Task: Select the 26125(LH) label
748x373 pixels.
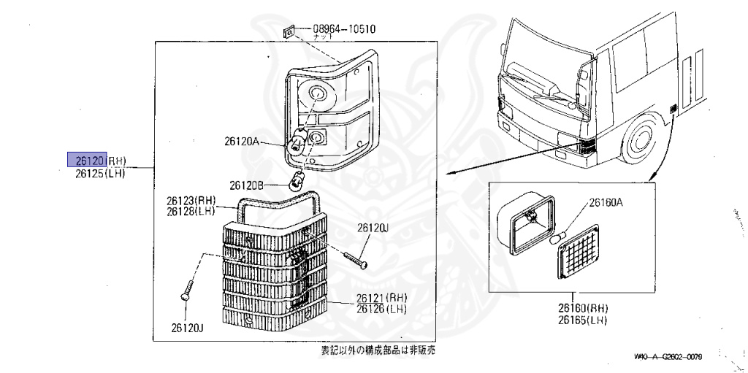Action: pyautogui.click(x=100, y=174)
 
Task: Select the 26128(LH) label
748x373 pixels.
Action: pyautogui.click(x=191, y=211)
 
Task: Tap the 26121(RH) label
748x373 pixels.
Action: pyautogui.click(x=381, y=297)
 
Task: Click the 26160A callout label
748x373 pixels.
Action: pyautogui.click(x=606, y=203)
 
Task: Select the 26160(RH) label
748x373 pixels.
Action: pyautogui.click(x=583, y=309)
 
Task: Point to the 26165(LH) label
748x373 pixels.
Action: pyautogui.click(x=583, y=320)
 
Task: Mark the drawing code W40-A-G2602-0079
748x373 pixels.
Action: pyautogui.click(x=668, y=357)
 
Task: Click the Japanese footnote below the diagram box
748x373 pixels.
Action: pyautogui.click(x=378, y=350)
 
